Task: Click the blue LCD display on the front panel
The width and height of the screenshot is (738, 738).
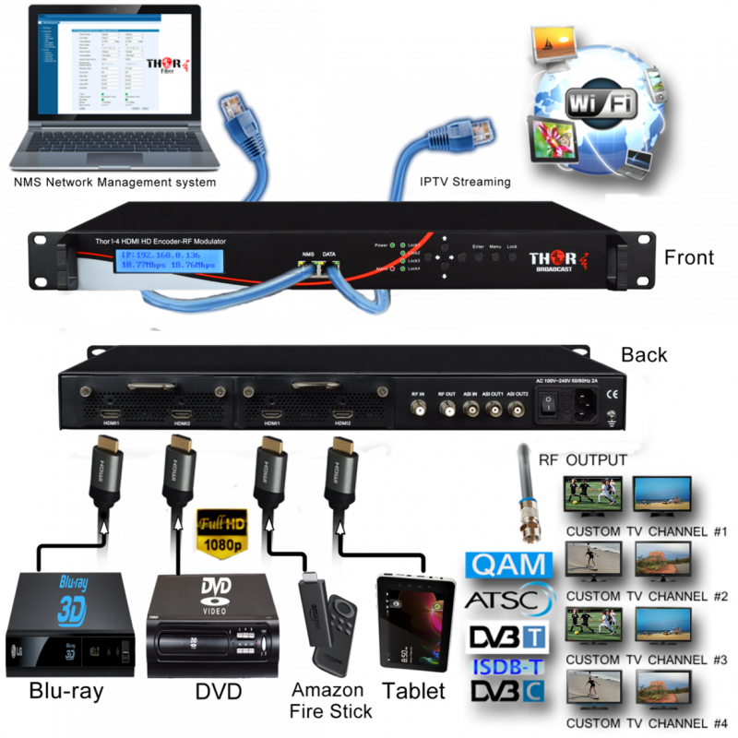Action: [167, 261]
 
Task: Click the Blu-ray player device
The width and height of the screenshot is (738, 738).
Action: [69, 624]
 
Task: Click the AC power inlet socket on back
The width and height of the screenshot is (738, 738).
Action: [586, 404]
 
